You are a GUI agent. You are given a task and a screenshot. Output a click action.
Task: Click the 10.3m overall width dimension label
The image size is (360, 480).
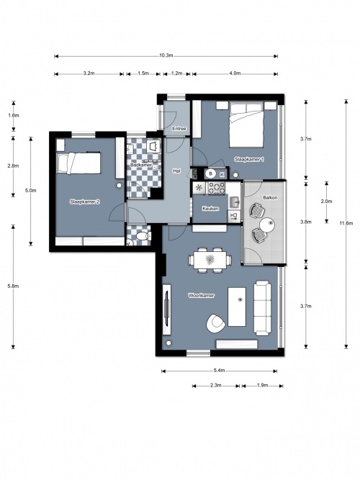click(166, 55)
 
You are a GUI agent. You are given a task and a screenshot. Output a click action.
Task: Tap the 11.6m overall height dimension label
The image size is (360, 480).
click(346, 223)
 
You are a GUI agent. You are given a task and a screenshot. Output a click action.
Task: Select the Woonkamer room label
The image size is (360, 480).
click(201, 295)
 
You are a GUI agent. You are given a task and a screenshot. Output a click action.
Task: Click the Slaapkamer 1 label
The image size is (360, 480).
click(249, 160)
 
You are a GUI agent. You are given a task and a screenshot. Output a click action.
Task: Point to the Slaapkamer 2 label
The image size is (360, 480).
click(85, 201)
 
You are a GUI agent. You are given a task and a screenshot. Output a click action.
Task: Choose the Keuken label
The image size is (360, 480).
click(210, 209)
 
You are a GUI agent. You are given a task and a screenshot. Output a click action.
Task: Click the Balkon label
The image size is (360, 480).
click(270, 197)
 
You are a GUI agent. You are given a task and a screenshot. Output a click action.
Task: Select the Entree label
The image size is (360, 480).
click(179, 129)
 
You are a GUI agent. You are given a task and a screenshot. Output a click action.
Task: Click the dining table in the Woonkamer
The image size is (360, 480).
click(210, 260)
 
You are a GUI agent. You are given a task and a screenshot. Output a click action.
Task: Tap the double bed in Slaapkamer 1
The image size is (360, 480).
click(247, 125)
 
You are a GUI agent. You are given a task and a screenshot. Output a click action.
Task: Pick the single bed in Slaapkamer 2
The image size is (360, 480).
click(79, 163)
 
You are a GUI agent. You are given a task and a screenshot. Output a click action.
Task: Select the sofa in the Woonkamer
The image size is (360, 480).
click(262, 308)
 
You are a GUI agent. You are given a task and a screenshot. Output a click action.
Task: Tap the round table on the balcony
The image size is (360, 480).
click(267, 225)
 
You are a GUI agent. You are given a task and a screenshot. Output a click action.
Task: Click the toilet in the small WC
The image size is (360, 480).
click(143, 236)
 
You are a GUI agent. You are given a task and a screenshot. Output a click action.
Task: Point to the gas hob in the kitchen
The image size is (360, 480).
click(217, 188)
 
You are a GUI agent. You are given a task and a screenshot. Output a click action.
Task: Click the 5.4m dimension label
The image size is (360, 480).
click(220, 371)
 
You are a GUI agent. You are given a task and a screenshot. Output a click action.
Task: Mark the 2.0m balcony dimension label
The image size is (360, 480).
click(326, 201)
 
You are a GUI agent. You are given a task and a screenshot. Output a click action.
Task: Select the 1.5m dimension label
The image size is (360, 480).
click(143, 73)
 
